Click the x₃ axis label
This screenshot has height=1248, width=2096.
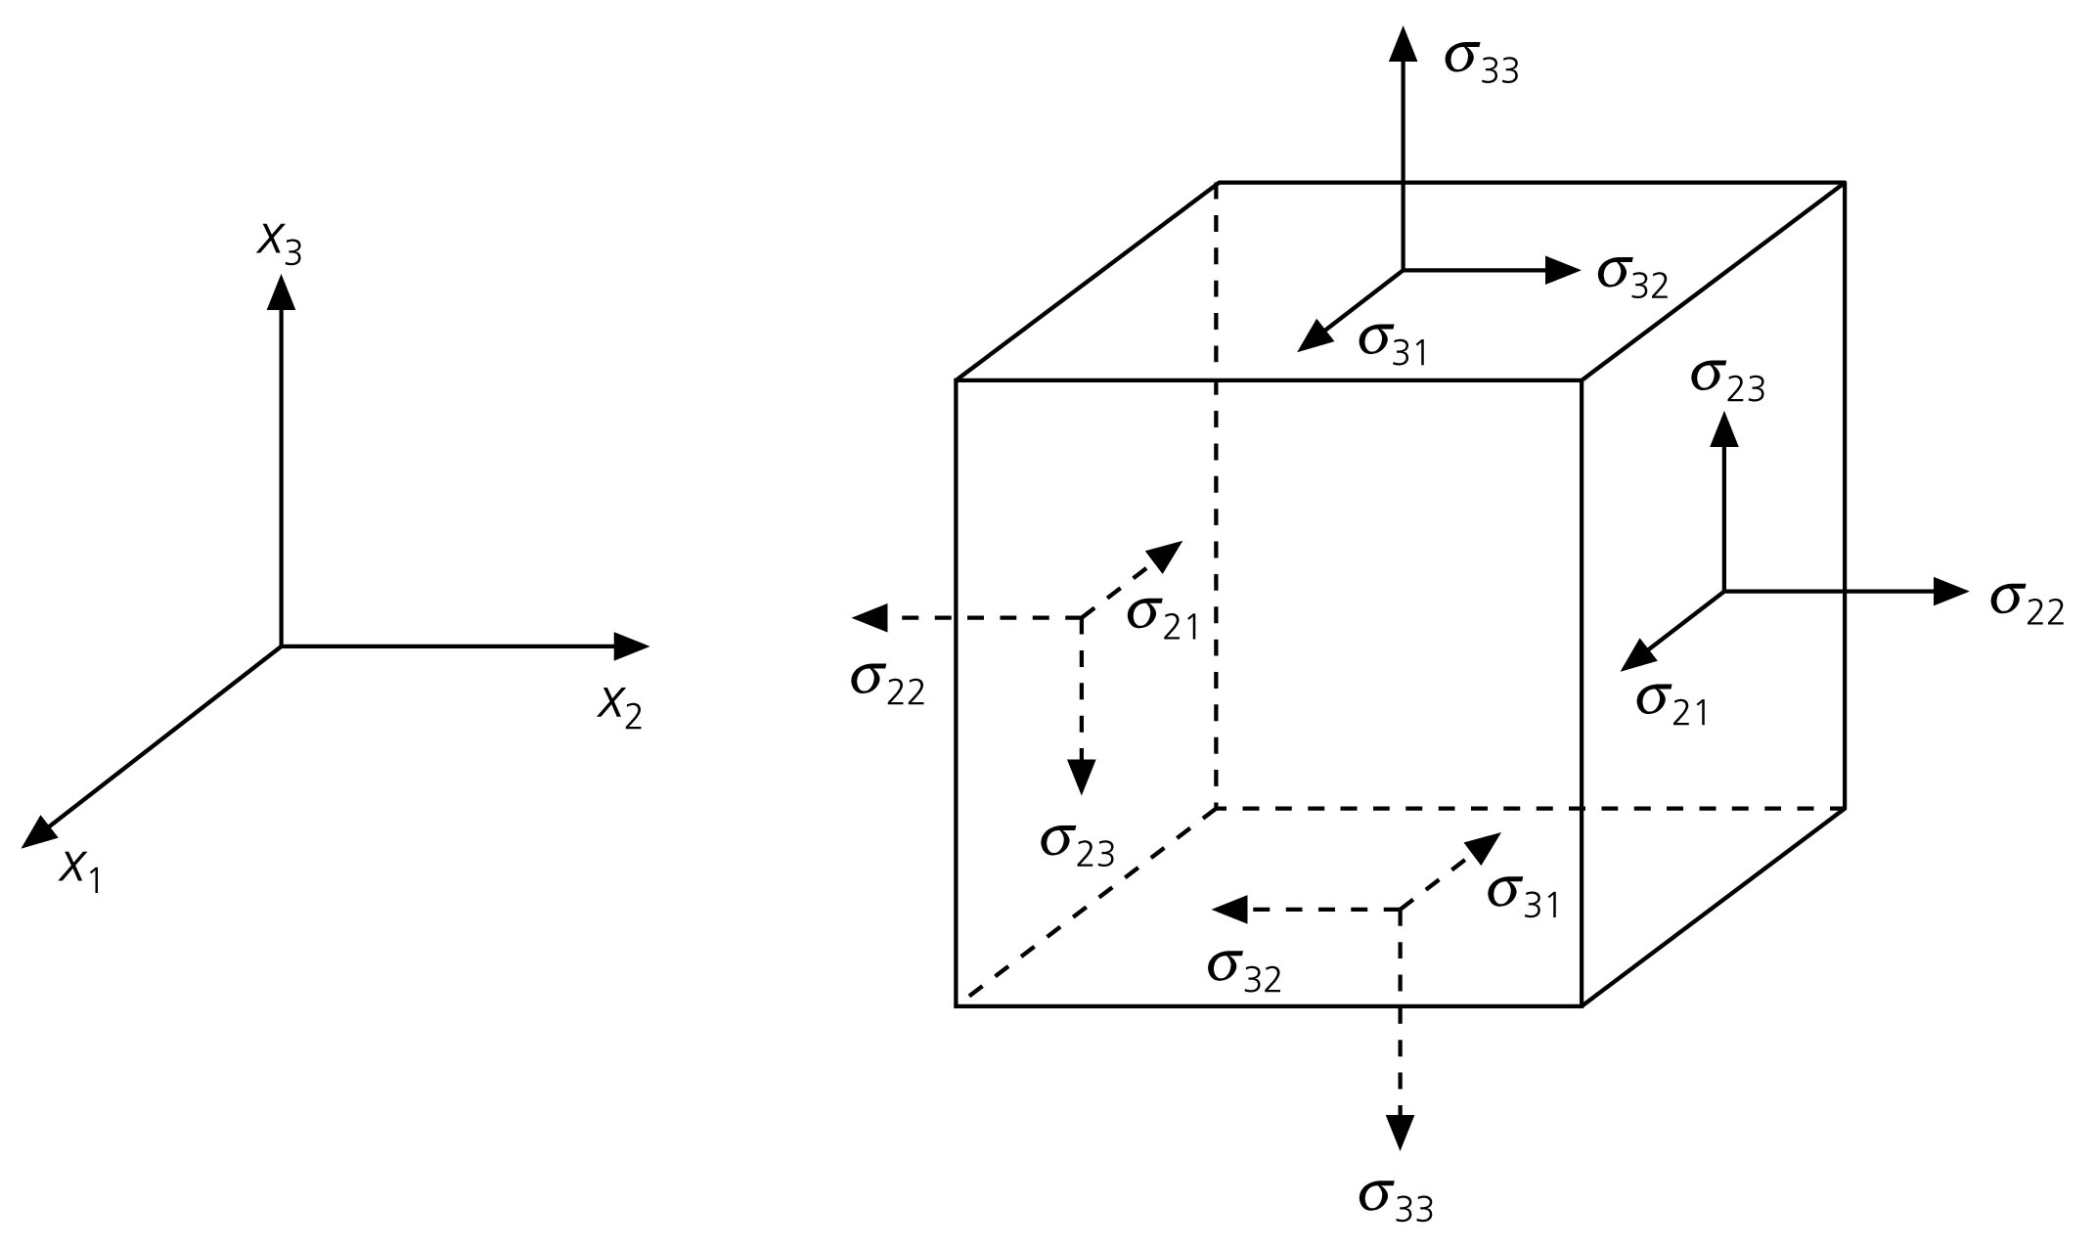pyautogui.click(x=279, y=241)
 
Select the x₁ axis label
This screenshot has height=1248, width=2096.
pyautogui.click(x=79, y=869)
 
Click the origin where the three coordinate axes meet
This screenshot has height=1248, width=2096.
pyautogui.click(x=282, y=646)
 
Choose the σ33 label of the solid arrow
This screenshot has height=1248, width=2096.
pyautogui.click(x=1481, y=61)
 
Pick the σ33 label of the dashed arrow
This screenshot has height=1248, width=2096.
pyautogui.click(x=1396, y=1199)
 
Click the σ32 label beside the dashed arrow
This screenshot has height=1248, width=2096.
pyautogui.click(x=1243, y=970)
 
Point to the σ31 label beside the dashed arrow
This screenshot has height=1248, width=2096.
pyautogui.click(x=1522, y=895)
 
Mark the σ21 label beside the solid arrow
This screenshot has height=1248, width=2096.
pyautogui.click(x=1672, y=703)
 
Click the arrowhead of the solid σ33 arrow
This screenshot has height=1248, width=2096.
pyautogui.click(x=1404, y=44)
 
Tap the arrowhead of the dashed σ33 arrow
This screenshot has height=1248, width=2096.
pyautogui.click(x=1401, y=1132)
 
